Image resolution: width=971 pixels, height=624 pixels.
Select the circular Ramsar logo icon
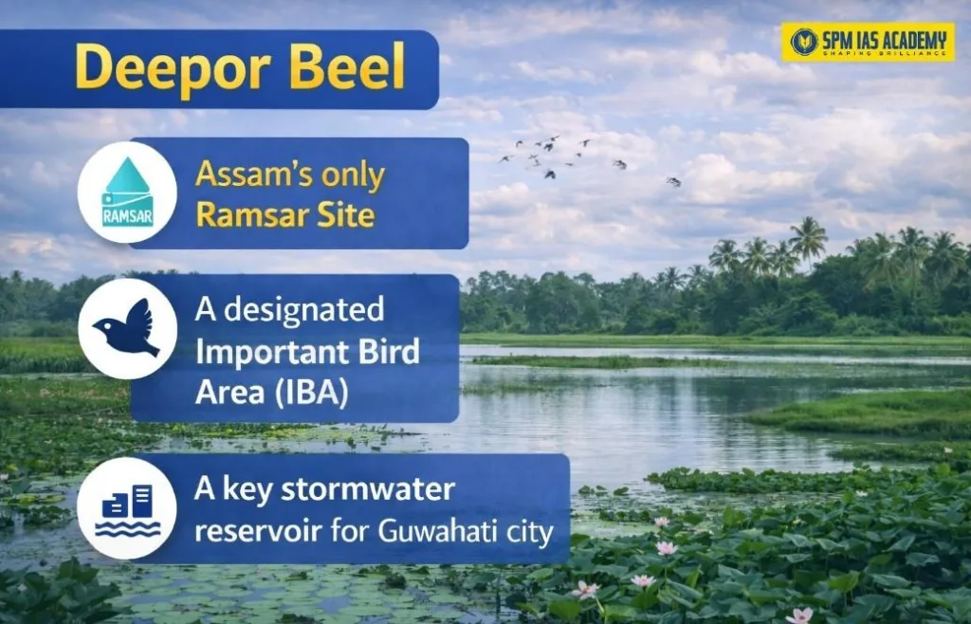point(127,193)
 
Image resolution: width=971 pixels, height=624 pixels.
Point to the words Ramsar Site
point(284,215)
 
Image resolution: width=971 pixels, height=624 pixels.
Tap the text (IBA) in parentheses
point(310,392)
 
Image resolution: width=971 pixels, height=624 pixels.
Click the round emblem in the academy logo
point(803,43)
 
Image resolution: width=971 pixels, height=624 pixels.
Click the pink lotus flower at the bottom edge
point(799,615)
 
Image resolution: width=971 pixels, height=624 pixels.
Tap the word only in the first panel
point(353,175)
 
